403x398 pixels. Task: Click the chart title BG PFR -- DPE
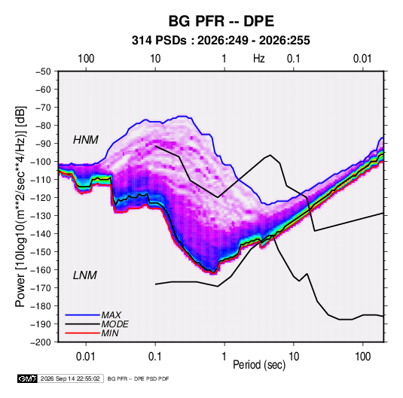click(x=221, y=21)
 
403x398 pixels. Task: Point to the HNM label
click(x=86, y=140)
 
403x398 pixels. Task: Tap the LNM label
click(x=85, y=275)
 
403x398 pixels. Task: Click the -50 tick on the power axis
click(x=43, y=71)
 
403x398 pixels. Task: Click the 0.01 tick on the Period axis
click(x=86, y=357)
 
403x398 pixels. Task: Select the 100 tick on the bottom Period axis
click(x=362, y=357)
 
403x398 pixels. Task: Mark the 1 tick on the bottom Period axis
click(x=224, y=357)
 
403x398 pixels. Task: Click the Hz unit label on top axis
click(x=259, y=59)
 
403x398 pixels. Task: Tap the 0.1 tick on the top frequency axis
click(x=294, y=59)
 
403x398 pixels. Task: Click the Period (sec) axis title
click(x=259, y=365)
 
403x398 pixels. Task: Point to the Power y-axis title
click(x=20, y=207)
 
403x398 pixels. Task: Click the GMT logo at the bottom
click(x=27, y=378)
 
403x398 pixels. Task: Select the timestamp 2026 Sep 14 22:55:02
click(x=70, y=378)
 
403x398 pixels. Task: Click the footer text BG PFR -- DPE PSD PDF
click(x=138, y=378)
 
